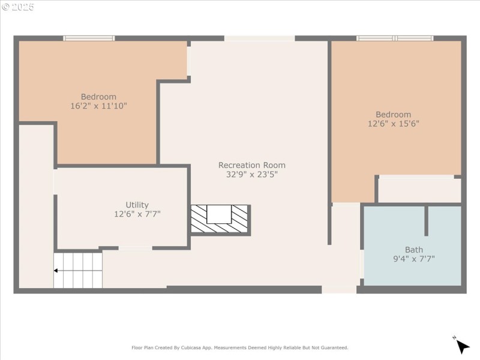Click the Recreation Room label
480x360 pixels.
pyautogui.click(x=251, y=165)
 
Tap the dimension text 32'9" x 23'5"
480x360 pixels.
pyautogui.click(x=251, y=175)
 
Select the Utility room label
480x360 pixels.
pyautogui.click(x=137, y=205)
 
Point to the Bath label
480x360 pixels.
pyautogui.click(x=413, y=250)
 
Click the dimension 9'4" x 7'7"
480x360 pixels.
pyautogui.click(x=413, y=259)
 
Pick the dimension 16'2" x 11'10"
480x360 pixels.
pyautogui.click(x=98, y=106)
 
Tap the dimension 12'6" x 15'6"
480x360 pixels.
pyautogui.click(x=393, y=124)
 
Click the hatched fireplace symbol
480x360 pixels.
pyautogui.click(x=220, y=219)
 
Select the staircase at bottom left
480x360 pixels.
pyautogui.click(x=78, y=270)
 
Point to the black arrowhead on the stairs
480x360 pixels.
pyautogui.click(x=56, y=271)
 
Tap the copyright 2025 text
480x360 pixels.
pyautogui.click(x=18, y=7)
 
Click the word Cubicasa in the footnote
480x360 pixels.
pyautogui.click(x=199, y=347)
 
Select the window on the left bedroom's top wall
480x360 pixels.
pyautogui.click(x=89, y=38)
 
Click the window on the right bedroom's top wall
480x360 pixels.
pyautogui.click(x=395, y=38)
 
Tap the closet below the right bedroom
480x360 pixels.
pyautogui.click(x=419, y=190)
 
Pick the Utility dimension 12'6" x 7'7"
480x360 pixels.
pyautogui.click(x=137, y=214)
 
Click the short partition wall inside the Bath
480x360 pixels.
pyautogui.click(x=427, y=221)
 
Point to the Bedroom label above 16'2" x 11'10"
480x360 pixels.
pyautogui.click(x=98, y=97)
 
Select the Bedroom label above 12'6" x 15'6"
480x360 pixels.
pyautogui.click(x=393, y=115)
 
